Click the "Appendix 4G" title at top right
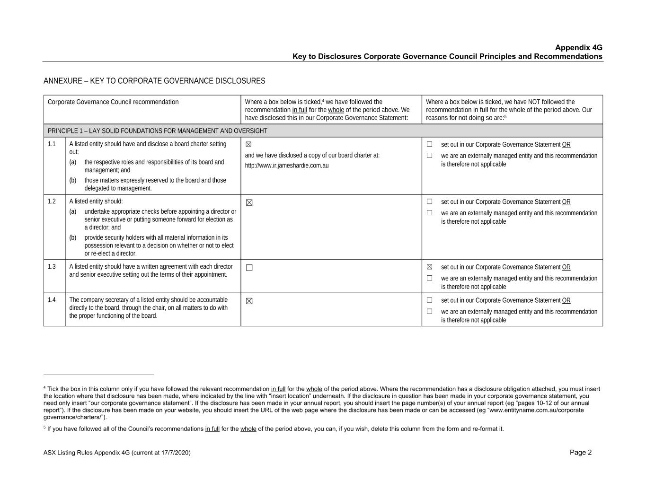click(x=578, y=48)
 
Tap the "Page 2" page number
click(x=581, y=453)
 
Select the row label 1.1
click(x=52, y=144)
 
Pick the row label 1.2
click(x=52, y=201)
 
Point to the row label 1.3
click(x=52, y=267)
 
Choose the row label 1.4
click(x=52, y=300)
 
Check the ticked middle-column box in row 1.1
click(x=249, y=144)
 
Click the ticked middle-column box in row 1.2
click(x=249, y=202)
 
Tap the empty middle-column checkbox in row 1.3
click(x=249, y=268)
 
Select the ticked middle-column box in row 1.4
click(x=249, y=301)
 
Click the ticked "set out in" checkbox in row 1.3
click(x=430, y=267)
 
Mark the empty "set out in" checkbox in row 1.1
click(x=430, y=144)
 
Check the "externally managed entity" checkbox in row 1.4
click(x=430, y=311)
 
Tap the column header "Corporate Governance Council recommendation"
click(x=113, y=102)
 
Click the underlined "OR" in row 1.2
click(x=566, y=202)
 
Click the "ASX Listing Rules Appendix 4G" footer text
click(x=117, y=453)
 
